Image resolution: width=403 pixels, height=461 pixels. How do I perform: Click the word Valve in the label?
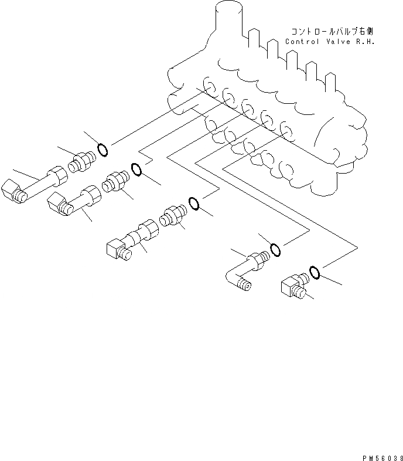(x=335, y=42)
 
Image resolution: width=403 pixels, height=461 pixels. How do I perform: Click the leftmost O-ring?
(x=102, y=150)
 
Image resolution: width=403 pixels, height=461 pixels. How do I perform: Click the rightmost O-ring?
(x=314, y=272)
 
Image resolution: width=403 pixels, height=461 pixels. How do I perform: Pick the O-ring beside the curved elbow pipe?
(x=275, y=250)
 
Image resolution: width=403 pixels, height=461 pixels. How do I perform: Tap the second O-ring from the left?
(x=136, y=170)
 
